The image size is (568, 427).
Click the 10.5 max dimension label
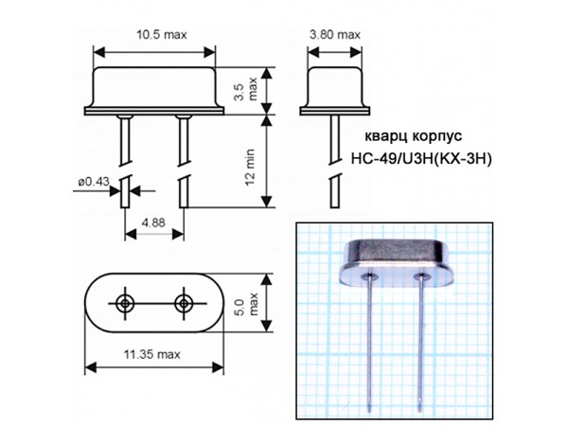(x=162, y=35)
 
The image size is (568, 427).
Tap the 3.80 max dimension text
(x=335, y=35)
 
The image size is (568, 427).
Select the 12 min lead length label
(x=250, y=168)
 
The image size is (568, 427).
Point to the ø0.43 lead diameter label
(x=94, y=182)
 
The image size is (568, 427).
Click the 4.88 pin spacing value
(x=153, y=222)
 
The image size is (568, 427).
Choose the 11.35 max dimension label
(x=152, y=354)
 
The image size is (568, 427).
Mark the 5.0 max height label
(x=246, y=304)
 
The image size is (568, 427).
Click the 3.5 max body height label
(x=245, y=89)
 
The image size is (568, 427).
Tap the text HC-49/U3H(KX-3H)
(x=421, y=159)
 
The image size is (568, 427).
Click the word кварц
(x=386, y=136)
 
